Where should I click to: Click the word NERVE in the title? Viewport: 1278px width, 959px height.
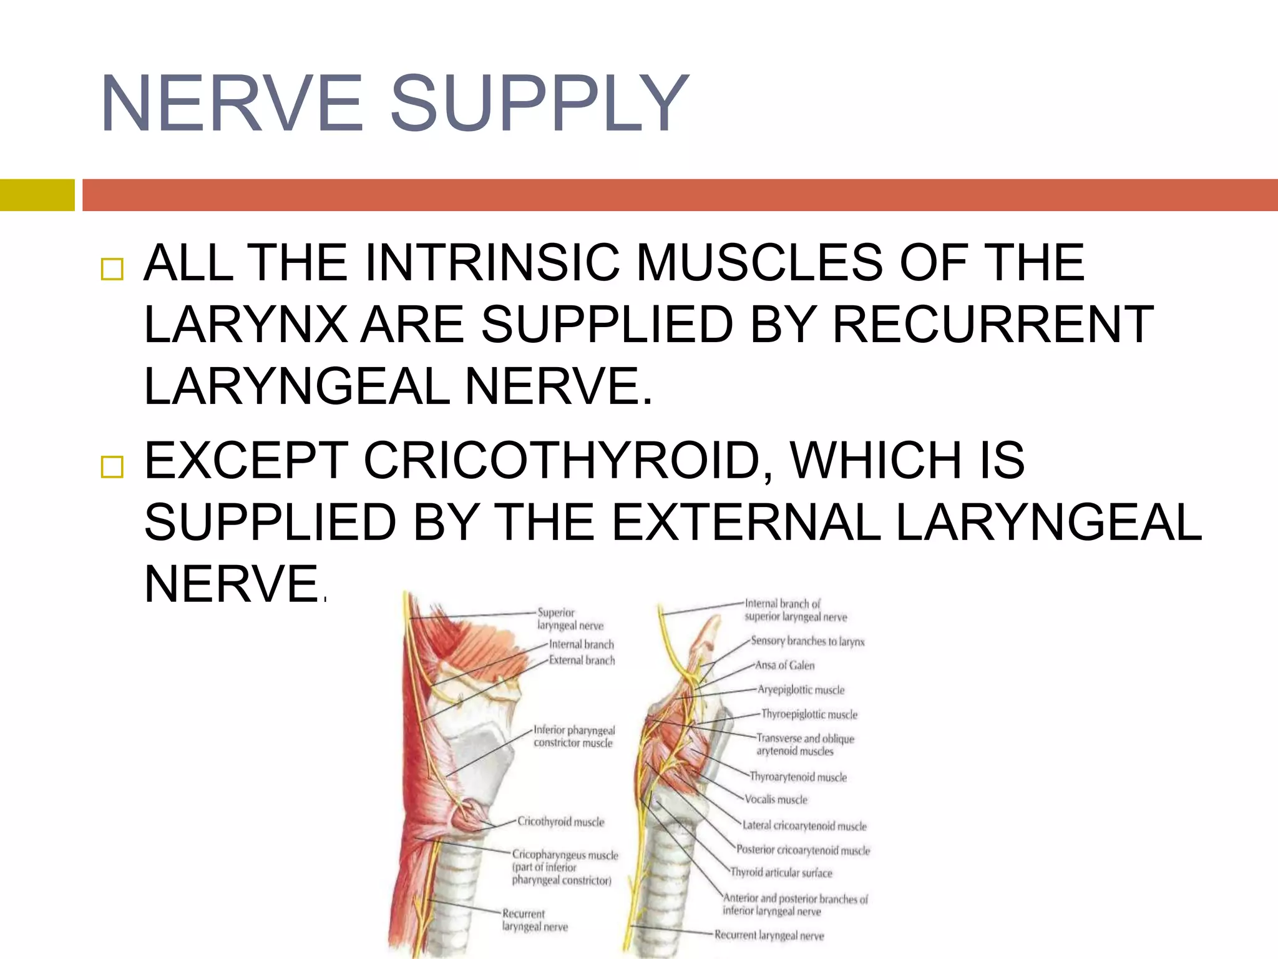[232, 104]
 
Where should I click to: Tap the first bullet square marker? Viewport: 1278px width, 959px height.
[112, 269]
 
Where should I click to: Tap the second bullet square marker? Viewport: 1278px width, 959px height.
[112, 466]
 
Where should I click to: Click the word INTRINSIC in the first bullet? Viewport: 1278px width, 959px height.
[492, 263]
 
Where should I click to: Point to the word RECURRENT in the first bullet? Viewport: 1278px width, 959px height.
[993, 325]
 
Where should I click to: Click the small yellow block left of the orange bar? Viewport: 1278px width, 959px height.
[37, 195]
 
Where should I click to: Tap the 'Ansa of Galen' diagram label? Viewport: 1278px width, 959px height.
[784, 666]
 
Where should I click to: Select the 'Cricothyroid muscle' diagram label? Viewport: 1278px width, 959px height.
[560, 822]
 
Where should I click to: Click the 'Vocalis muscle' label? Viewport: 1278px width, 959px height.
[776, 800]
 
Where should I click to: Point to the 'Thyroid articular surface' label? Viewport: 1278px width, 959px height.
[781, 873]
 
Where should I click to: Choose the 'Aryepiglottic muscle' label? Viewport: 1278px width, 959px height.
[801, 690]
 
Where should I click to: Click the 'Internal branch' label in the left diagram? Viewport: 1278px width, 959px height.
[581, 644]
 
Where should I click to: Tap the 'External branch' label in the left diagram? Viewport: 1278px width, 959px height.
[582, 660]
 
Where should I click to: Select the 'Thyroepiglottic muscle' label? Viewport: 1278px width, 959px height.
[809, 714]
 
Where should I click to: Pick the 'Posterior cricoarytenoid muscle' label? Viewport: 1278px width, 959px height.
[802, 850]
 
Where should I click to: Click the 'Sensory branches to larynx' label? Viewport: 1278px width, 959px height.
[807, 641]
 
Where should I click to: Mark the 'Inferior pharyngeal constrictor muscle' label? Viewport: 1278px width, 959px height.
[573, 737]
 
